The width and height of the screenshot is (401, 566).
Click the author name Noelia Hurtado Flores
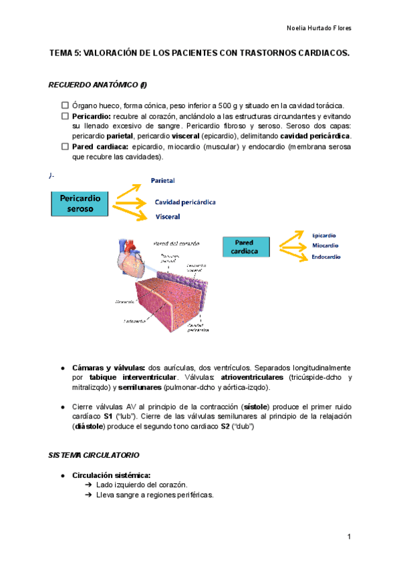pyautogui.click(x=318, y=28)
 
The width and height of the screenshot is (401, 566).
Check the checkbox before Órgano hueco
pyautogui.click(x=65, y=105)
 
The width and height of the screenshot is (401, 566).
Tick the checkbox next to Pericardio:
pyautogui.click(x=65, y=115)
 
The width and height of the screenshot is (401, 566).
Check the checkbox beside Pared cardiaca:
pyautogui.click(x=65, y=146)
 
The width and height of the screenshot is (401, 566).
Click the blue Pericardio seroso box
pyautogui.click(x=80, y=203)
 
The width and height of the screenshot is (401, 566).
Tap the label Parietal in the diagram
pyautogui.click(x=163, y=181)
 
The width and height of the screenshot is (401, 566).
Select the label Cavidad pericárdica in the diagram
pyautogui.click(x=185, y=202)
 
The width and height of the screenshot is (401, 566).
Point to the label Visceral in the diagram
pyautogui.click(x=167, y=216)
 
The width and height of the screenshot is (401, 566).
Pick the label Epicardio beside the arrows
pyautogui.click(x=324, y=235)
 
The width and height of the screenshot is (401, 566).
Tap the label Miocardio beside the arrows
pyautogui.click(x=325, y=246)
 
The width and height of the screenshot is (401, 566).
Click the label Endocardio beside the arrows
pyautogui.click(x=326, y=256)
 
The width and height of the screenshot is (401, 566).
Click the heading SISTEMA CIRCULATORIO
pyautogui.click(x=93, y=455)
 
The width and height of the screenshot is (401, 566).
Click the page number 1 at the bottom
pyautogui.click(x=348, y=537)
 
